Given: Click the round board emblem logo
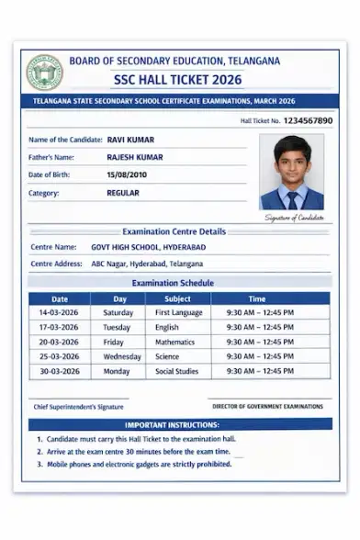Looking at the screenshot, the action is coord(44,72).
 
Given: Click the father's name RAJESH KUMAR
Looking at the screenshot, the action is coord(135,157).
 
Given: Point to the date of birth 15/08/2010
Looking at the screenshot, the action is coord(126,174).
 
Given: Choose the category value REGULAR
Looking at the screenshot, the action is coord(123,193).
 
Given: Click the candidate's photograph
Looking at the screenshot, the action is coord(292,173).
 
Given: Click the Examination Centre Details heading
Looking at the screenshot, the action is coord(174,231).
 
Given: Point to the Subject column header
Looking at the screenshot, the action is coord(177,298).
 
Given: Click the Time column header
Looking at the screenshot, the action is coord(257,298).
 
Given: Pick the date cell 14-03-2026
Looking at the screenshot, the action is coord(59,312).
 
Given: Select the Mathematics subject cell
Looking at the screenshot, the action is coord(174,342).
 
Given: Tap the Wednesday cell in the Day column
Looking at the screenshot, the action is coord(121,356).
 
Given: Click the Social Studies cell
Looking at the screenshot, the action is coord(176,371).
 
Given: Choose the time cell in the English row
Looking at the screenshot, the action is coord(260,327).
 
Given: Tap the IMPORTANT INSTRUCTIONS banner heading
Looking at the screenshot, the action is coord(172,425).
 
